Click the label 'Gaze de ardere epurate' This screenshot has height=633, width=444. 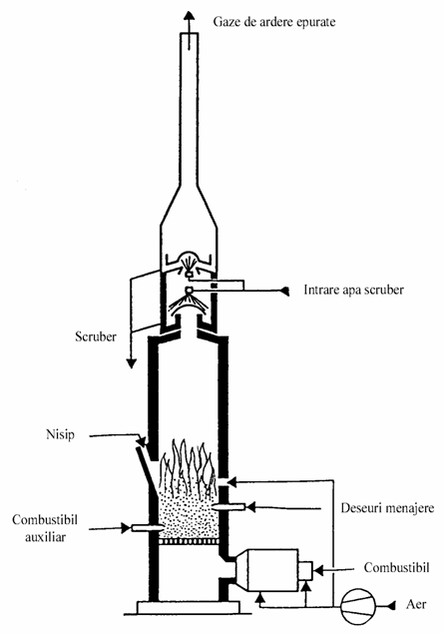(x=274, y=21)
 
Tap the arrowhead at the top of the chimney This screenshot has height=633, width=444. (x=189, y=15)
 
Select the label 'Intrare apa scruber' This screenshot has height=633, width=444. (x=353, y=290)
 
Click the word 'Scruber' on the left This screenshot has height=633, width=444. (x=96, y=336)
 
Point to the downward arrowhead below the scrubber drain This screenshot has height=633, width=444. (x=131, y=363)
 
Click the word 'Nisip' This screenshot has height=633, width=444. (x=61, y=434)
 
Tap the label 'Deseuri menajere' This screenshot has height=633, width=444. (x=387, y=507)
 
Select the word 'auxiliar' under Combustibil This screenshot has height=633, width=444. (x=45, y=537)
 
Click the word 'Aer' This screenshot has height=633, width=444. (x=416, y=604)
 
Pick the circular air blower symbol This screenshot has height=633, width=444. (x=358, y=606)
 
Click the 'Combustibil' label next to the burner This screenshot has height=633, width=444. (x=396, y=567)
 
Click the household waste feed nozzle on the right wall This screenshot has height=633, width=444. (x=228, y=506)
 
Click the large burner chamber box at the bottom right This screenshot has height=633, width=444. (x=267, y=570)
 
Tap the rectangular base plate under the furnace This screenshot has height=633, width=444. (x=189, y=607)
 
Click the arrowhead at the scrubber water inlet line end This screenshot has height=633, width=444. (x=285, y=291)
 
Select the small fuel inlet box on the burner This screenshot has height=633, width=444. (x=305, y=570)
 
